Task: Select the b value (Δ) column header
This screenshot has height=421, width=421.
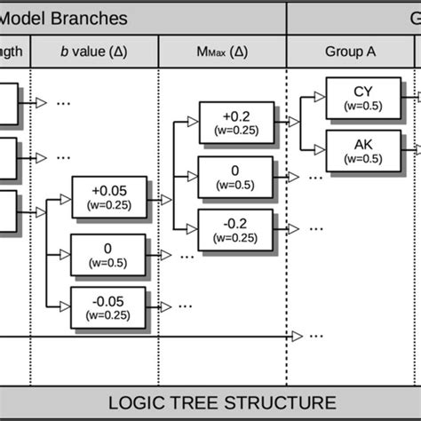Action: coord(94,52)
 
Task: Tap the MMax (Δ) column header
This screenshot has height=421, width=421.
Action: coord(222,52)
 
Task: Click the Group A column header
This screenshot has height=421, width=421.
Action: coord(350,52)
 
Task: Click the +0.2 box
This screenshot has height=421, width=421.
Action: coord(235,122)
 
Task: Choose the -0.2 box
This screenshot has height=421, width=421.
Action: coord(235,227)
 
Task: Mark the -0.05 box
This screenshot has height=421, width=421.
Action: coord(107,306)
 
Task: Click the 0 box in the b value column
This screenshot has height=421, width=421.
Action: coord(107,254)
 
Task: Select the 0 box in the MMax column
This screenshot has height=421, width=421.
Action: coord(235,175)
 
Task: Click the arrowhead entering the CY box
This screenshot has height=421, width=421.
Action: coord(320,98)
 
